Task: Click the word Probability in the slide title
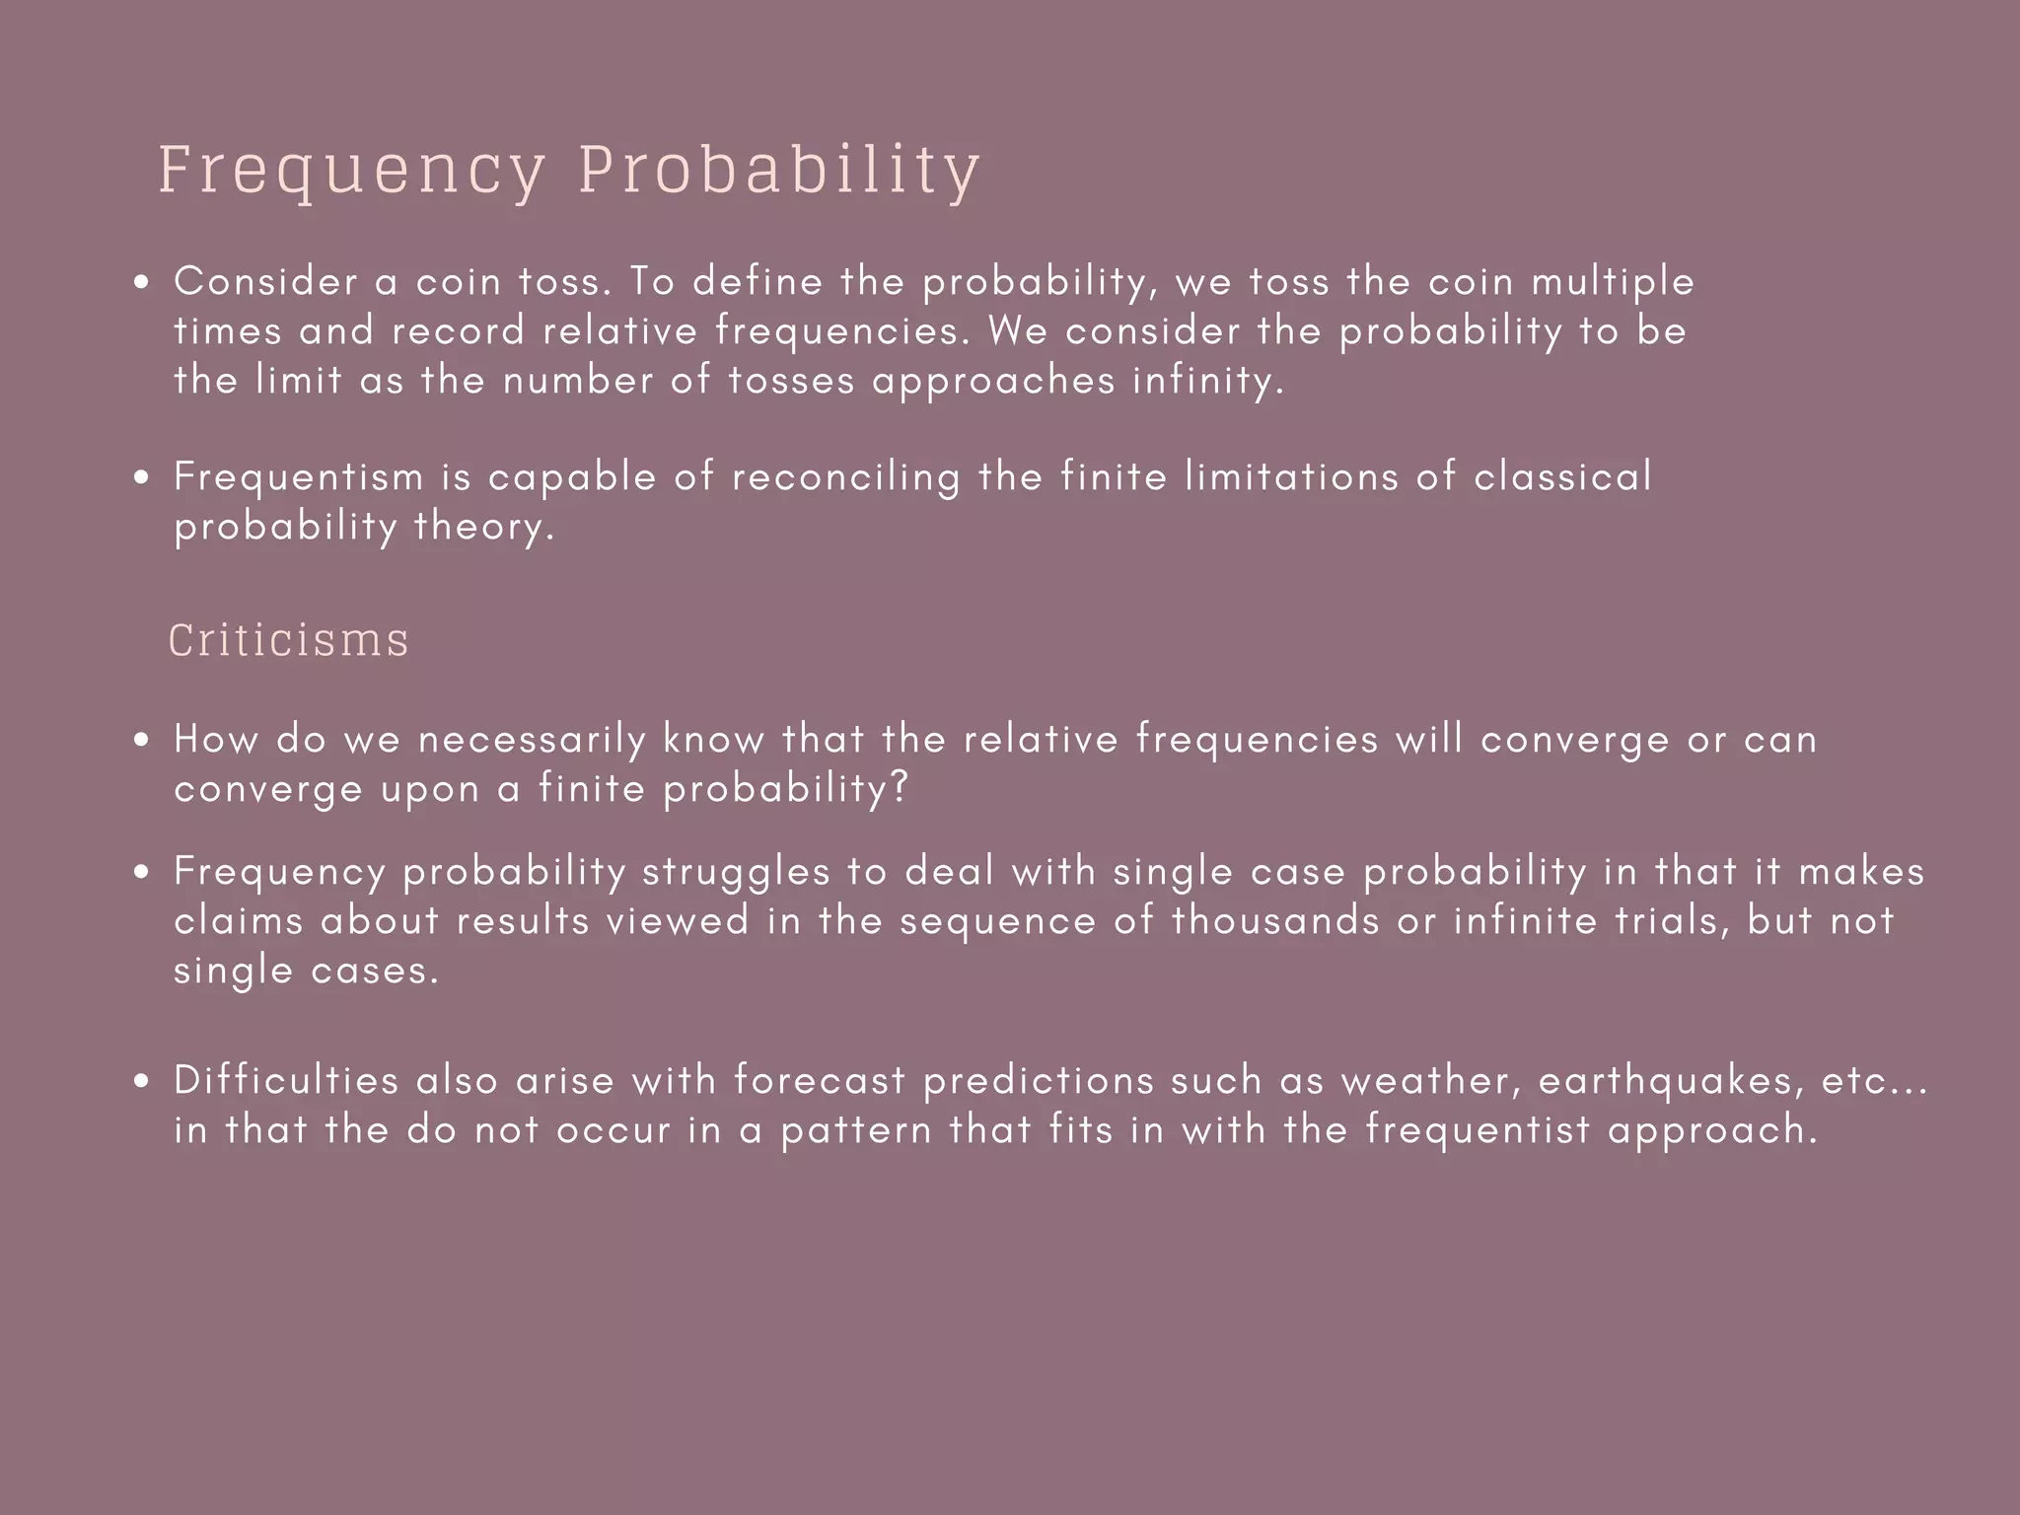(x=779, y=171)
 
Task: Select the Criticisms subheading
(x=288, y=640)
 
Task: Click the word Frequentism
(x=299, y=477)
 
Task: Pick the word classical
(x=1562, y=477)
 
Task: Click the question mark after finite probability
(x=898, y=788)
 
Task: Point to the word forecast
(x=820, y=1081)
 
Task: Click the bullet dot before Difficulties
(x=144, y=1082)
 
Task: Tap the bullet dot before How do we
(x=144, y=741)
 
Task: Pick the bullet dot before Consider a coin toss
(x=144, y=283)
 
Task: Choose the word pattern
(x=856, y=1130)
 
